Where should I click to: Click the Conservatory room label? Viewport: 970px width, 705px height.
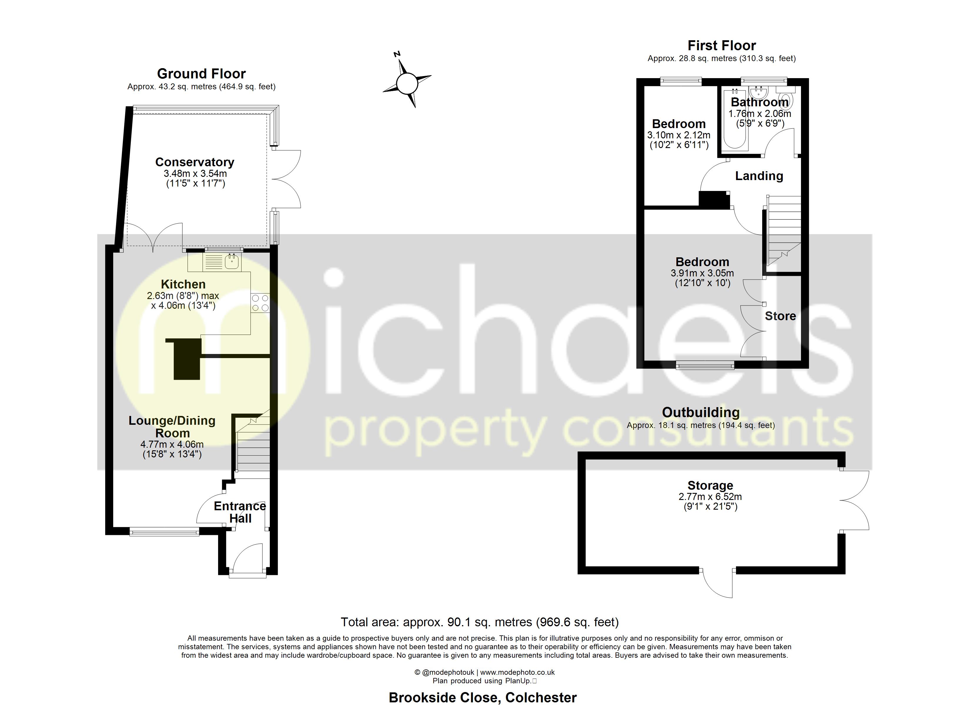[195, 162]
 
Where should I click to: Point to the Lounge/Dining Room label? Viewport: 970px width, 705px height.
[172, 427]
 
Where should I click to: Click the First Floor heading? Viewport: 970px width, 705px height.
[722, 45]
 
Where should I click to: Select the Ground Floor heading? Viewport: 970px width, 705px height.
[201, 73]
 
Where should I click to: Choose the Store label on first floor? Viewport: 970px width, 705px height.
[780, 316]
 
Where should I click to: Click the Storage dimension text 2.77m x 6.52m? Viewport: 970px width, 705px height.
[710, 497]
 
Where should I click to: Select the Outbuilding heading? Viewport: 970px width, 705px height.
[700, 412]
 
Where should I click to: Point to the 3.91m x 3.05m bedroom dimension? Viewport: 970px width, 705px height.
[702, 273]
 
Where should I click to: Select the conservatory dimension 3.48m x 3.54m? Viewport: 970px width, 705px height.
[195, 174]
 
